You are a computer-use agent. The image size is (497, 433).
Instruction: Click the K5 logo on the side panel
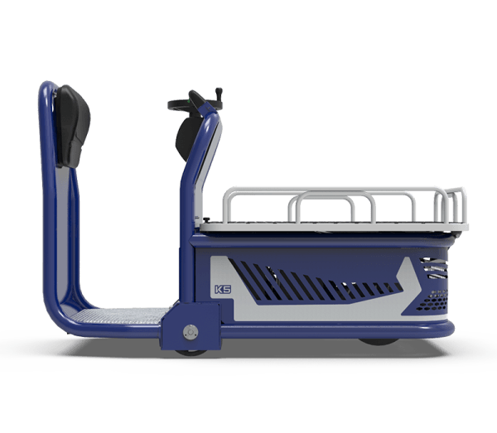pos(223,290)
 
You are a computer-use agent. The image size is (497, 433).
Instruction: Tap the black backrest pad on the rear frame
pos(73,126)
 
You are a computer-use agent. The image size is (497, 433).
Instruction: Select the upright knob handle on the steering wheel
pos(219,94)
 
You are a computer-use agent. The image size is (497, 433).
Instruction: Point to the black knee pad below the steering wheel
pos(187,138)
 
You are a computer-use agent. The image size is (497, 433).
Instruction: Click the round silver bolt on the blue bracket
pos(191,332)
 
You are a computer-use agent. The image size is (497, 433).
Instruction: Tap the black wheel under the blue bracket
pos(191,353)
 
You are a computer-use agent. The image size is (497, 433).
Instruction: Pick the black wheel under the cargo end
pos(379,342)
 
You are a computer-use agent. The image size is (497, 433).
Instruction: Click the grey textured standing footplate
pos(122,316)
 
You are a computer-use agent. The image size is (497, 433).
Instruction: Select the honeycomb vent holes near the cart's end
pos(432,301)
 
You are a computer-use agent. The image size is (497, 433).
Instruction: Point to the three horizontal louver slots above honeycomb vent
pos(434,268)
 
